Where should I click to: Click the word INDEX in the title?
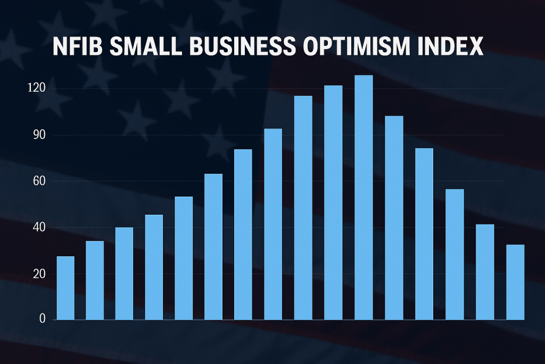(454, 48)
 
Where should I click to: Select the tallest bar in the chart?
(364, 197)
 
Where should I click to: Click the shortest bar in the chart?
(65, 288)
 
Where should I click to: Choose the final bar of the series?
(515, 282)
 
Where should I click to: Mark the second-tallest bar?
(333, 203)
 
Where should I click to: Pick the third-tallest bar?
(303, 208)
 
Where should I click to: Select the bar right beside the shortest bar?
(95, 280)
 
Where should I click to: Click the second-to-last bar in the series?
(485, 272)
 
